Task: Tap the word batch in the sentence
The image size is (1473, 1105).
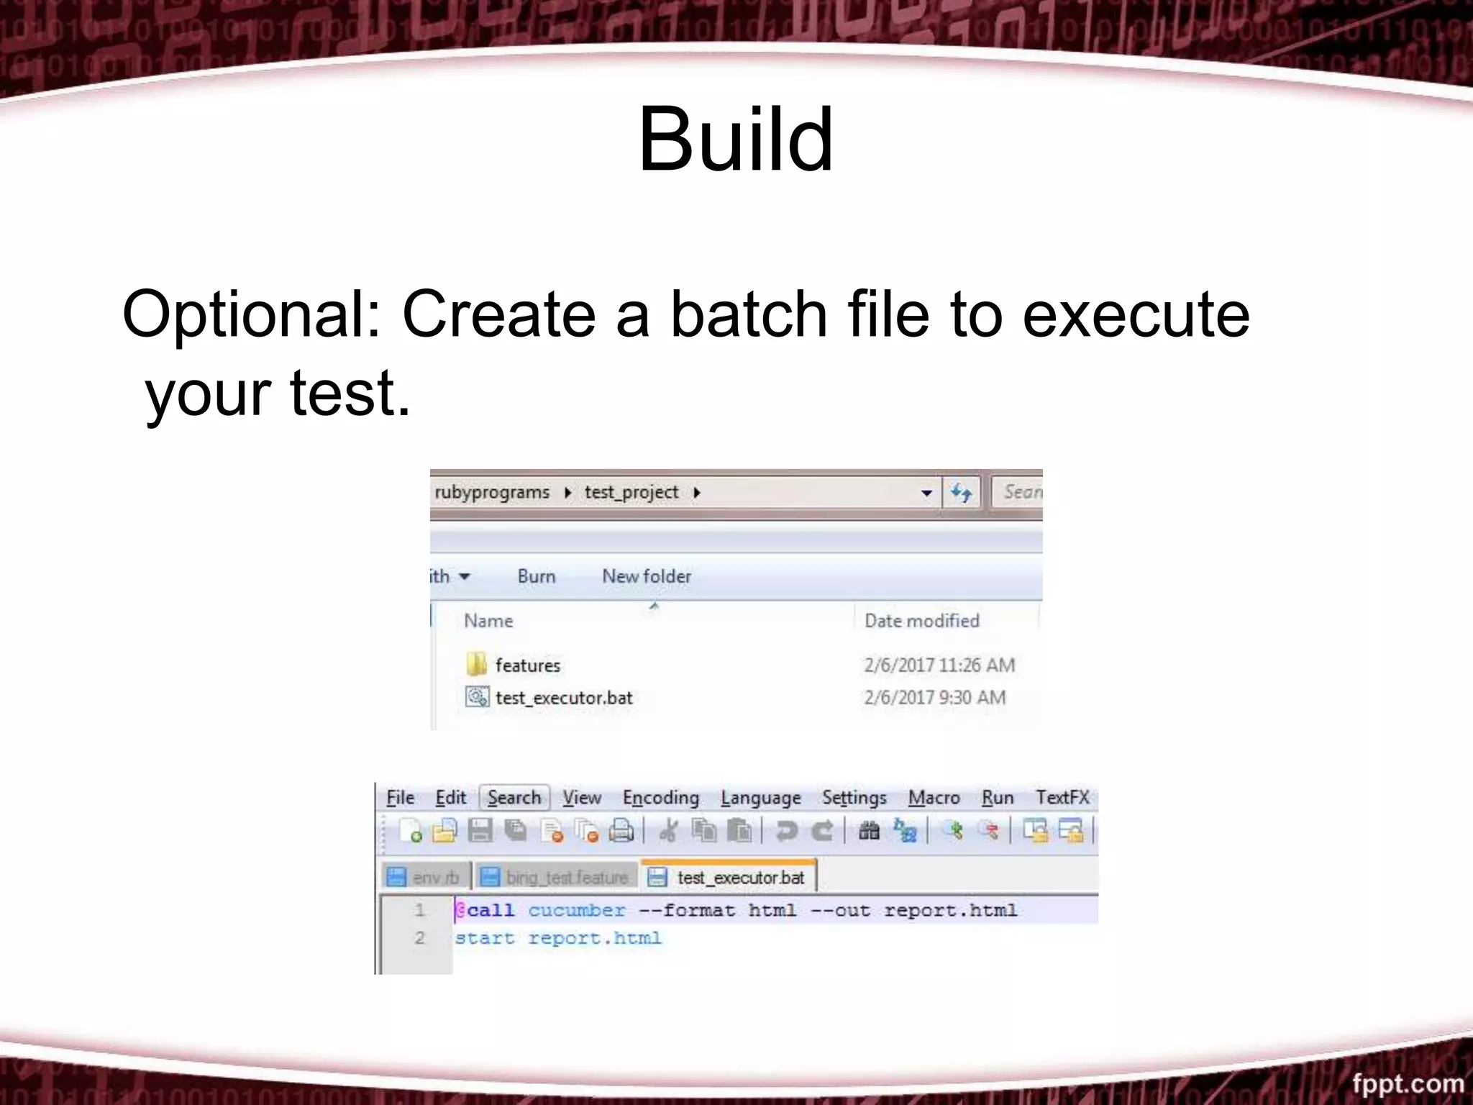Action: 749,314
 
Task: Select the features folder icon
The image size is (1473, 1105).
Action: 476,665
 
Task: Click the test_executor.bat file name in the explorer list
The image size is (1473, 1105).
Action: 564,698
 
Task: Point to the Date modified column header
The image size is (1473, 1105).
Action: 921,621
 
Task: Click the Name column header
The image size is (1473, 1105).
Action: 488,621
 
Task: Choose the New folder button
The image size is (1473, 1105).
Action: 646,576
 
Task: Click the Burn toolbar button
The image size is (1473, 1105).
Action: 536,576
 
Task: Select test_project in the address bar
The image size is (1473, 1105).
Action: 631,492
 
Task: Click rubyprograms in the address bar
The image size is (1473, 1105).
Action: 492,492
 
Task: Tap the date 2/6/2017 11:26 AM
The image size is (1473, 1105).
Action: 939,665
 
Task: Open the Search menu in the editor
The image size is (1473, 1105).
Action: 514,798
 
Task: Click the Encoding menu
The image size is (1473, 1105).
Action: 660,798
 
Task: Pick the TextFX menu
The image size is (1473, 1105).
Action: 1062,798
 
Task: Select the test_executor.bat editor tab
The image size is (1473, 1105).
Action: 739,878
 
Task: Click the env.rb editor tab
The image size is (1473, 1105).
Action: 434,878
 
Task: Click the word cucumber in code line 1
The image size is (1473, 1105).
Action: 576,911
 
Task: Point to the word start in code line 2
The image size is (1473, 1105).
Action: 484,938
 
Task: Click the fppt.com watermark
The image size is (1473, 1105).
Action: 1407,1083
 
